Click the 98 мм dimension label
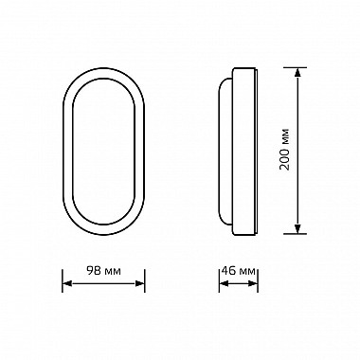103,271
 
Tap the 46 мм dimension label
238,271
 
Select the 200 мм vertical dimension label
284,150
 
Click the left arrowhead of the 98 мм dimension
67,283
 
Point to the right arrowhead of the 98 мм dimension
140,283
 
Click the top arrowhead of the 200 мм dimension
297,72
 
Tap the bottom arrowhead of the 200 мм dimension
297,229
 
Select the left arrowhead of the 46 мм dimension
224,283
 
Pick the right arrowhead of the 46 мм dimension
253,283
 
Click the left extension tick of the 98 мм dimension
63,280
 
